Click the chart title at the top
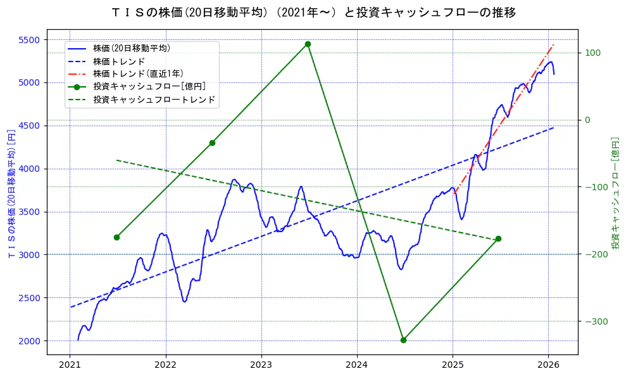click(313, 12)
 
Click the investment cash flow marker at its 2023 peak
click(308, 44)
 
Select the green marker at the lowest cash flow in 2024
click(403, 340)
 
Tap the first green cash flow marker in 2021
click(116, 237)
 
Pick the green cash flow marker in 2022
click(212, 143)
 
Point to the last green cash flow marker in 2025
click(498, 238)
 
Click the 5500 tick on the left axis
click(30, 39)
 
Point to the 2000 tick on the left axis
click(30, 341)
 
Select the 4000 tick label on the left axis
click(30, 169)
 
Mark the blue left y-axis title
click(11, 193)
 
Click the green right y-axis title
click(615, 193)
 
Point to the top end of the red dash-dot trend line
click(553, 45)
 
